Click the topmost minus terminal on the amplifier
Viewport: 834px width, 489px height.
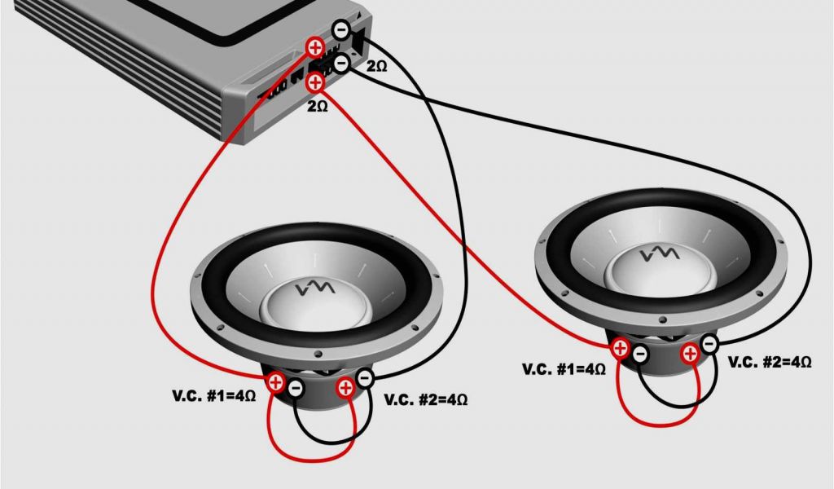tap(341, 29)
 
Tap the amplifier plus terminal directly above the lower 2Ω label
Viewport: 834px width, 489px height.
tap(315, 82)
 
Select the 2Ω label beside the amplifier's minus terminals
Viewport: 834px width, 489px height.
tap(376, 66)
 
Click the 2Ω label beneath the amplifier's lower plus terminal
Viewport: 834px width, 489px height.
tap(318, 107)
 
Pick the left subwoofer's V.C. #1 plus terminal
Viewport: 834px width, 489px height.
tap(275, 381)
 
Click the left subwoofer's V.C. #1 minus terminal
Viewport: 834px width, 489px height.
tap(296, 388)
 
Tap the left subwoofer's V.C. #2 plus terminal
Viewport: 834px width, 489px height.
tap(345, 388)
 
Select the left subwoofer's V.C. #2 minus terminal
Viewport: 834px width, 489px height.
tap(364, 378)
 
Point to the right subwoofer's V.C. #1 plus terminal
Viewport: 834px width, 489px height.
tap(620, 349)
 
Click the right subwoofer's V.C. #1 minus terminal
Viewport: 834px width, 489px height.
tap(640, 354)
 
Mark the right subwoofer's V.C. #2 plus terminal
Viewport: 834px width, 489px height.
tap(690, 354)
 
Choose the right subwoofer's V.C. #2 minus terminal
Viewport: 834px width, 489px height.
tap(709, 344)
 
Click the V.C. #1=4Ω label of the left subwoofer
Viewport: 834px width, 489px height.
tap(214, 396)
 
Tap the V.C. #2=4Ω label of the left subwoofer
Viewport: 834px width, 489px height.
tap(426, 399)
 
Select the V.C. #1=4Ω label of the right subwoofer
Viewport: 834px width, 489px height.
tap(564, 369)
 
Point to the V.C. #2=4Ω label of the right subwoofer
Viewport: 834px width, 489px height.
tap(770, 363)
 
